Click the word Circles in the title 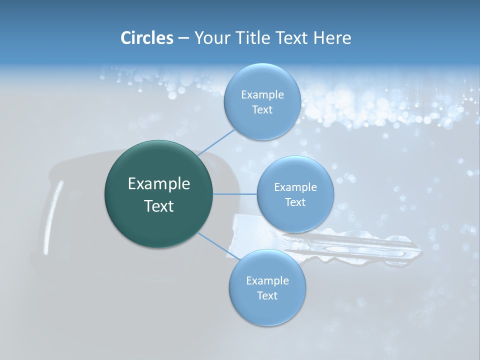146,38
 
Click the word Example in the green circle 159,184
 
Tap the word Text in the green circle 159,206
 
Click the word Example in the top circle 262,95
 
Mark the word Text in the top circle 262,110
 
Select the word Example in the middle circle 295,187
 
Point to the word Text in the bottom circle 267,296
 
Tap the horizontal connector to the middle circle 235,194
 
